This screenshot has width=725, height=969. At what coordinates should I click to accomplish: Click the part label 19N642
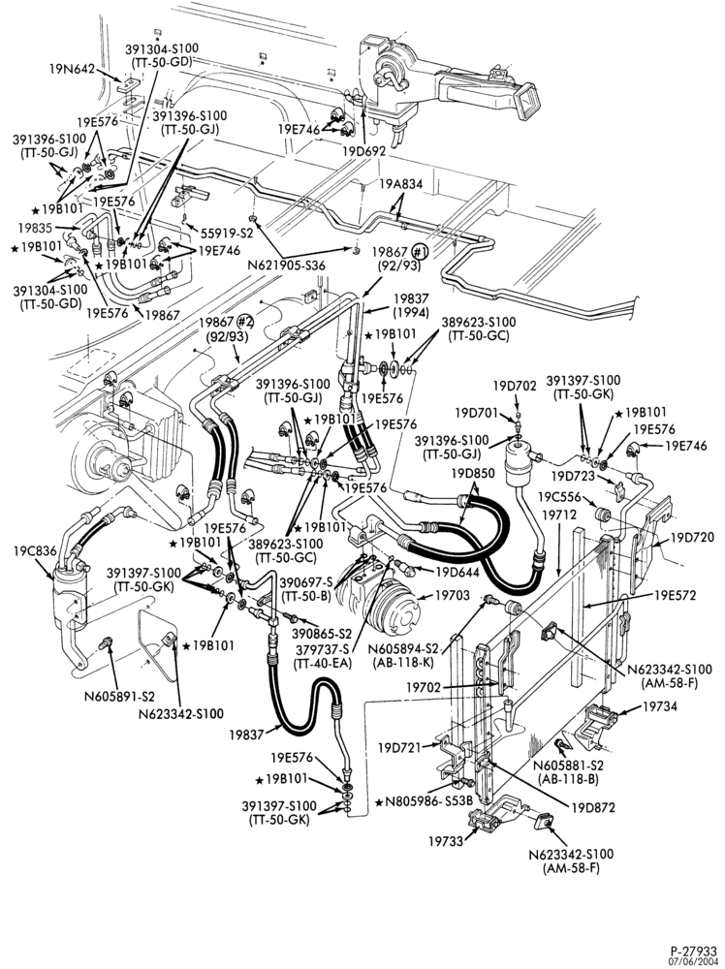72,69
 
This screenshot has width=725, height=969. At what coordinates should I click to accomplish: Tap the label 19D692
364,150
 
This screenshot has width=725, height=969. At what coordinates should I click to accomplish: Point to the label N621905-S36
286,266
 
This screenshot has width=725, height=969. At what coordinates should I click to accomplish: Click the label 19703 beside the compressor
453,595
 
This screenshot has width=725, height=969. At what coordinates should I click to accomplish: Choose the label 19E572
675,595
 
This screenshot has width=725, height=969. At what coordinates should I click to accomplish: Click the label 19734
660,705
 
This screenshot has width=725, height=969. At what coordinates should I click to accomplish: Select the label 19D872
593,807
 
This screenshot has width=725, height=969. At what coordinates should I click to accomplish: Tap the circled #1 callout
420,252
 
